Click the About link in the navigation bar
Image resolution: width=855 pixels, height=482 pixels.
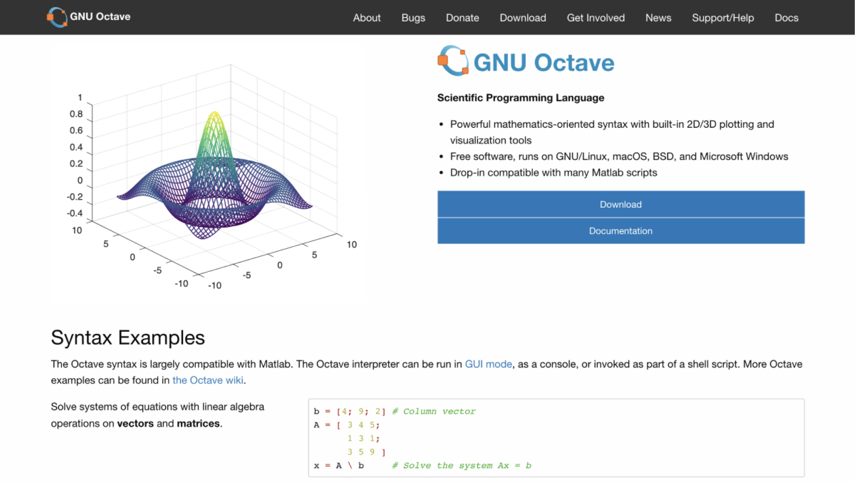click(x=366, y=18)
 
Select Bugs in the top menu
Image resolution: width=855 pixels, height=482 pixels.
click(x=413, y=18)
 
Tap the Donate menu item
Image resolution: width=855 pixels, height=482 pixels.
click(x=462, y=18)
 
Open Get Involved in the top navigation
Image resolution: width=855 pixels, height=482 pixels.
click(x=596, y=18)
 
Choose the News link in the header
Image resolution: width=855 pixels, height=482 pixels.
click(x=658, y=18)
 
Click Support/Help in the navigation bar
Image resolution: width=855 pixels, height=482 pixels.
click(x=723, y=18)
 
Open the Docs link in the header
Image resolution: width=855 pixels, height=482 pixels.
click(x=786, y=18)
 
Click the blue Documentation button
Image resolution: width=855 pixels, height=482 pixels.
click(x=621, y=231)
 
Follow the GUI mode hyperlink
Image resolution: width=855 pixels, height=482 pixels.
click(x=488, y=364)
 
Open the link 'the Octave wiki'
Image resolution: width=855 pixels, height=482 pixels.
click(x=208, y=380)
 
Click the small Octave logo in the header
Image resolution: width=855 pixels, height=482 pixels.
click(x=57, y=17)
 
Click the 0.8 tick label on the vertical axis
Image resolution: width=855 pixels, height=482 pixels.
click(x=76, y=114)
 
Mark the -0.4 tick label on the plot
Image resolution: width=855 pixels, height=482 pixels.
click(x=75, y=213)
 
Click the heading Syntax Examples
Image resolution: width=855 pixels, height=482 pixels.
click(x=128, y=338)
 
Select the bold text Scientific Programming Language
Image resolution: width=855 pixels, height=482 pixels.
click(x=521, y=98)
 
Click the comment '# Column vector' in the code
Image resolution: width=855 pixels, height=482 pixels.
click(x=433, y=411)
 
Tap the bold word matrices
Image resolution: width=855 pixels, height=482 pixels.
click(x=198, y=423)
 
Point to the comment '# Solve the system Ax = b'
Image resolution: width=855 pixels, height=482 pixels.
click(x=462, y=466)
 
